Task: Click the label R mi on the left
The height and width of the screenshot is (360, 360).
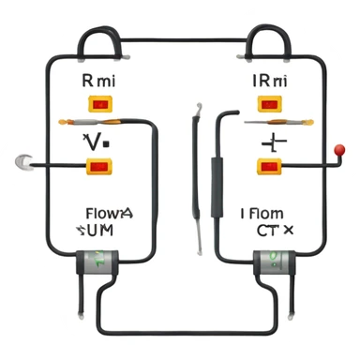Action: tap(97, 82)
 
